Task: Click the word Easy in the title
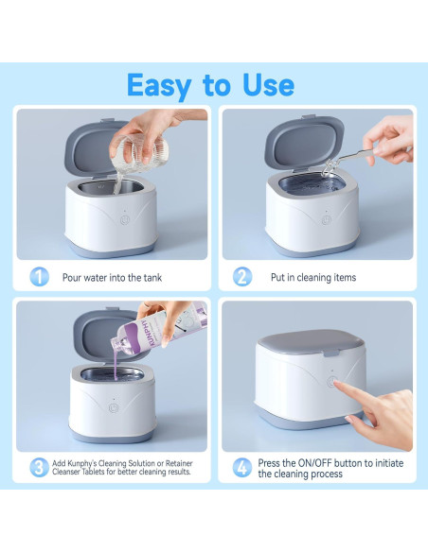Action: point(159,86)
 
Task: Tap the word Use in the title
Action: point(269,85)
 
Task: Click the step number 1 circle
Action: point(39,277)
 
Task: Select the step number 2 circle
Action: point(242,277)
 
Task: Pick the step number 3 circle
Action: point(39,467)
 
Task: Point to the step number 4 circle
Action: point(242,468)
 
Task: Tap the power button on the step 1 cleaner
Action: point(125,220)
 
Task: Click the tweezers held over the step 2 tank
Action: point(349,159)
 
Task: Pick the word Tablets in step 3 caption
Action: point(93,472)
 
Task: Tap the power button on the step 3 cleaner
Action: point(114,408)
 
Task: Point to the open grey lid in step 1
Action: point(96,147)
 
